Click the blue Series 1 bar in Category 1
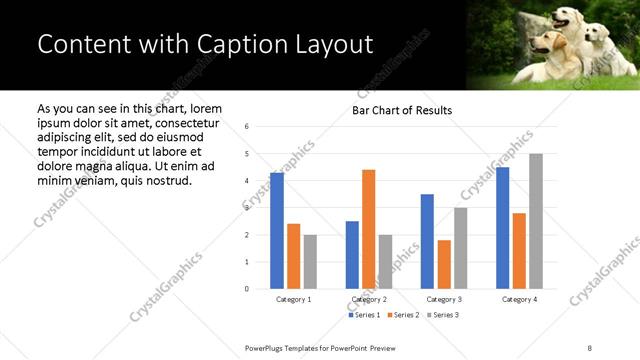coord(277,231)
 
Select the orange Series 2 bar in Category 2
coord(368,230)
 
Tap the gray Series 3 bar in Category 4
coord(536,221)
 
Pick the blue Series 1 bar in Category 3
coord(427,241)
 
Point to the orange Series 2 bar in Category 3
coord(444,264)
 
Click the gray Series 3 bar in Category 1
coord(310,262)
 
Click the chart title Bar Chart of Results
coord(402,110)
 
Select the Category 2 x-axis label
coord(368,299)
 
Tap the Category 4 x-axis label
coord(519,299)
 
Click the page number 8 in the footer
coord(588,347)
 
